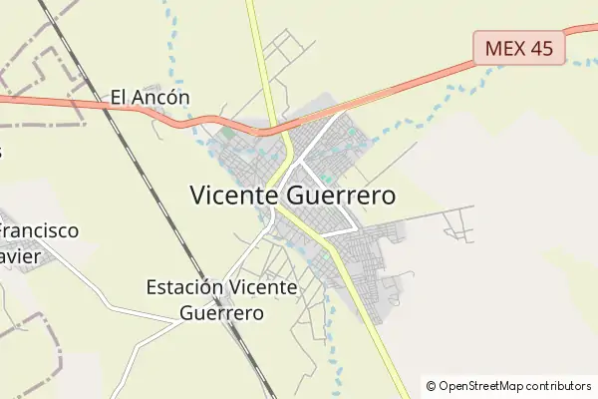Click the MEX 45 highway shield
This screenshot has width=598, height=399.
tap(519, 47)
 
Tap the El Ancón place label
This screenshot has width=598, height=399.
tap(149, 98)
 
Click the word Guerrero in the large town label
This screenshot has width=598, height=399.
tap(339, 196)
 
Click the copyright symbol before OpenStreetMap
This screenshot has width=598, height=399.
tap(432, 386)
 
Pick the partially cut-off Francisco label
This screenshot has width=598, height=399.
tap(39, 231)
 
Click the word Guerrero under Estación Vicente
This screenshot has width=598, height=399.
tap(222, 312)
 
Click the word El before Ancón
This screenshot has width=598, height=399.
tap(119, 98)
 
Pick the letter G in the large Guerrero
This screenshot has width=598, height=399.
tap(292, 196)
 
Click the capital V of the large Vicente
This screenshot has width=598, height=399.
tap(197, 195)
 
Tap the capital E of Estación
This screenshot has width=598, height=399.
tap(151, 288)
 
